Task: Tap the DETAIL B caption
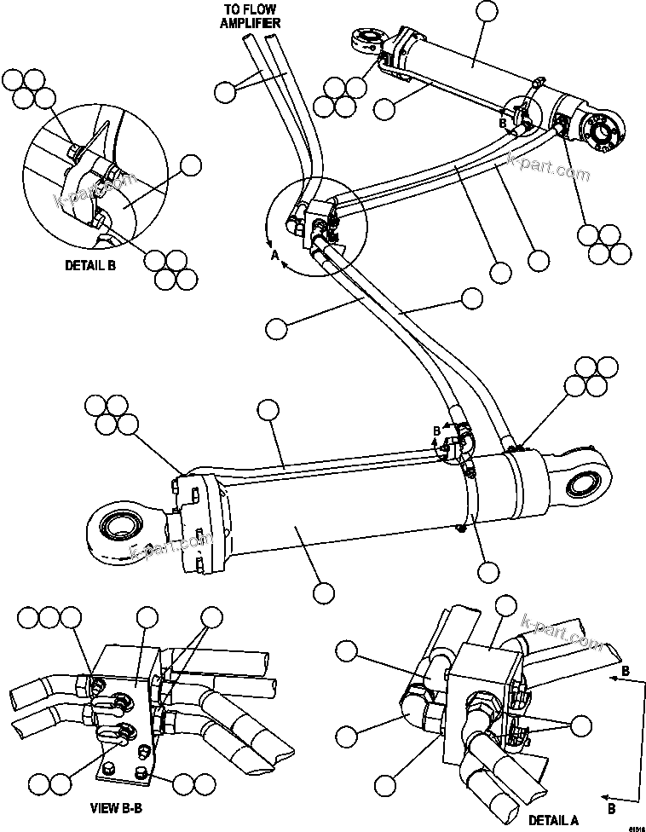point(91,265)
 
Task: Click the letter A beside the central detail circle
point(274,254)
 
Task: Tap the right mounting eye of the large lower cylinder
point(584,485)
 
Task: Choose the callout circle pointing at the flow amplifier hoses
point(224,90)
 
